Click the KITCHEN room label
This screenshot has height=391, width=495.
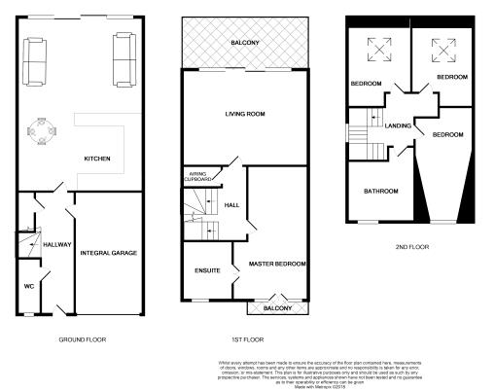tap(97, 160)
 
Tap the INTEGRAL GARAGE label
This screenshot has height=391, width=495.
tap(109, 253)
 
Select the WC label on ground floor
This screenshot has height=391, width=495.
tap(28, 287)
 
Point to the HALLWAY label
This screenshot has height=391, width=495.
tap(56, 244)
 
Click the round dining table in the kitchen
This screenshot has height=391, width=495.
tap(42, 128)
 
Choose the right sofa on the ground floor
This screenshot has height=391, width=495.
tap(124, 58)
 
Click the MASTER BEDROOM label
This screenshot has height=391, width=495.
tap(277, 264)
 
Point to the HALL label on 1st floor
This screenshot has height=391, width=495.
tap(231, 205)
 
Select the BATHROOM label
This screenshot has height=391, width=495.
tap(381, 191)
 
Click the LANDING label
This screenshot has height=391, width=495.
tap(399, 125)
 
